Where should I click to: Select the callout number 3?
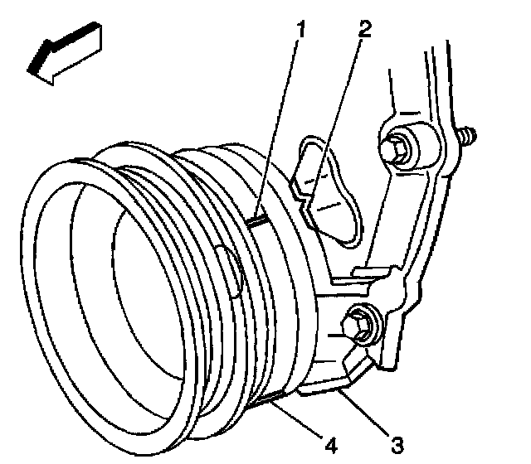[x=399, y=445]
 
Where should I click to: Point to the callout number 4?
[x=331, y=445]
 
